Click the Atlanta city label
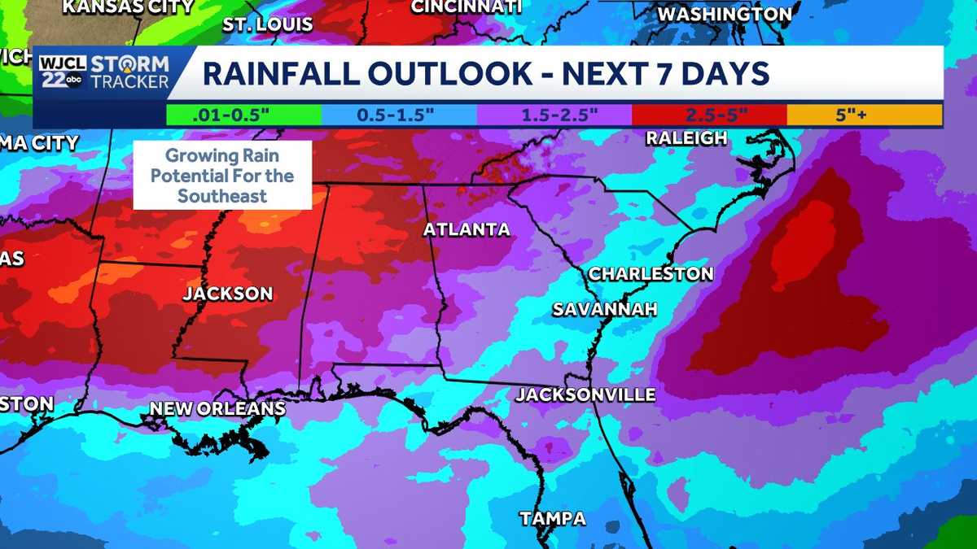pyautogui.click(x=467, y=230)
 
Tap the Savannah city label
pyautogui.click(x=604, y=309)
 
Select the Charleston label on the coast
pyautogui.click(x=651, y=273)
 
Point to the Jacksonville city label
pyautogui.click(x=585, y=395)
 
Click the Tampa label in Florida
pyautogui.click(x=553, y=518)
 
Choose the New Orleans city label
pyautogui.click(x=217, y=408)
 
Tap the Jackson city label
pyautogui.click(x=227, y=294)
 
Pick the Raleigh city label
pyautogui.click(x=686, y=138)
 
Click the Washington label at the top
pyautogui.click(x=724, y=15)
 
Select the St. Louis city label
pyautogui.click(x=268, y=24)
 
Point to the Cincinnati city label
pyautogui.click(x=466, y=7)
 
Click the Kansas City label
pyautogui.click(x=129, y=7)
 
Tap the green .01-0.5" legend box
pyautogui.click(x=243, y=115)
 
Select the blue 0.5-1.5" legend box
pyautogui.click(x=397, y=115)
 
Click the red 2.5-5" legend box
pyautogui.click(x=708, y=115)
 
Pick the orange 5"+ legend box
pyautogui.click(x=864, y=115)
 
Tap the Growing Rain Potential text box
pyautogui.click(x=223, y=175)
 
